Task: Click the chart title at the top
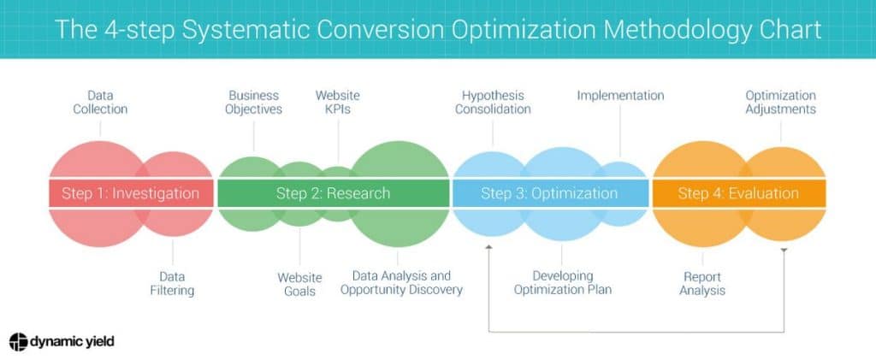point(438,29)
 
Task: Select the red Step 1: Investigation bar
point(130,193)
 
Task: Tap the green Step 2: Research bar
point(333,193)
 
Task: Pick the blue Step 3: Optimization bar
point(548,193)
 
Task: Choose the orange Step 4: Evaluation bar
point(738,193)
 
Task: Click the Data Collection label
point(100,102)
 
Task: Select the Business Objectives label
point(255,102)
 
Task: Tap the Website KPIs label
point(338,102)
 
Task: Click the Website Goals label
point(299,284)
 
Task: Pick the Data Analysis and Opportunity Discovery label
point(401,283)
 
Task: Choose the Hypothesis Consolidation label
point(493,102)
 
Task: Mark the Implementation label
point(620,96)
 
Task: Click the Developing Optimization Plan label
point(562,283)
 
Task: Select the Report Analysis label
point(702,284)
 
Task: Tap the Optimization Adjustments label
point(780,102)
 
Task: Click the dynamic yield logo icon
point(19,341)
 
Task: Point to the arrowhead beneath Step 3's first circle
point(488,248)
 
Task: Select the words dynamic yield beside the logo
point(73,341)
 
